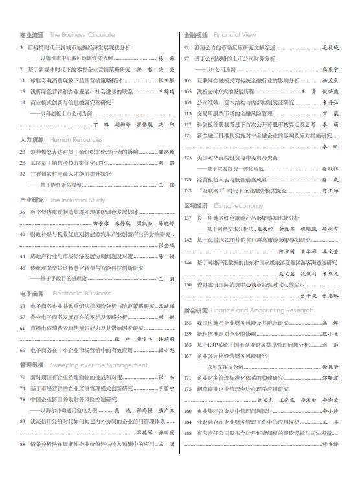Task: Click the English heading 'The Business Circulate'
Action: pyautogui.click(x=82, y=35)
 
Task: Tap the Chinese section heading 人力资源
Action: pyautogui.click(x=32, y=139)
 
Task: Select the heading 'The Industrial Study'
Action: pyautogui.click(x=78, y=200)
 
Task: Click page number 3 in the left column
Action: pyautogui.click(x=21, y=47)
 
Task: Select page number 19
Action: pyautogui.click(x=23, y=102)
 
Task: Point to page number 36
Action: pyautogui.click(x=23, y=212)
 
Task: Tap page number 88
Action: pyautogui.click(x=23, y=445)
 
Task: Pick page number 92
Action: pyautogui.click(x=188, y=47)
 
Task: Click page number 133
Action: pyautogui.click(x=188, y=191)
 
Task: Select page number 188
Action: pyautogui.click(x=188, y=434)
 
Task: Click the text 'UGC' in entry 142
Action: pyautogui.click(x=225, y=240)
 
